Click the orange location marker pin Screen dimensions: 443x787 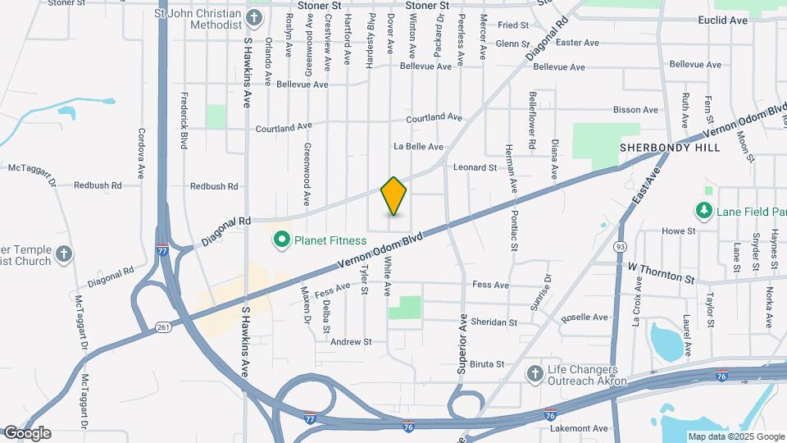point(394,196)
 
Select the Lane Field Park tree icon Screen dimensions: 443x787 point(703,212)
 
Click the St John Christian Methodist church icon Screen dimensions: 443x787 point(254,17)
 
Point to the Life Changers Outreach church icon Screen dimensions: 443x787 point(535,374)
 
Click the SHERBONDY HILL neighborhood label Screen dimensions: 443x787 point(670,148)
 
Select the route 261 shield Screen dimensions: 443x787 point(162,328)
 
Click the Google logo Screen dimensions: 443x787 point(26,433)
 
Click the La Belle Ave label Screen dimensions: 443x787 point(418,147)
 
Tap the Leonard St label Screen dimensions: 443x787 point(475,167)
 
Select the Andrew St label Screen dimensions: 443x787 point(350,341)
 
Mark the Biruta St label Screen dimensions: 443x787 point(486,363)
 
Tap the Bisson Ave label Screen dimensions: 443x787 point(636,109)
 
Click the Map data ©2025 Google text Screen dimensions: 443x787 point(735,436)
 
